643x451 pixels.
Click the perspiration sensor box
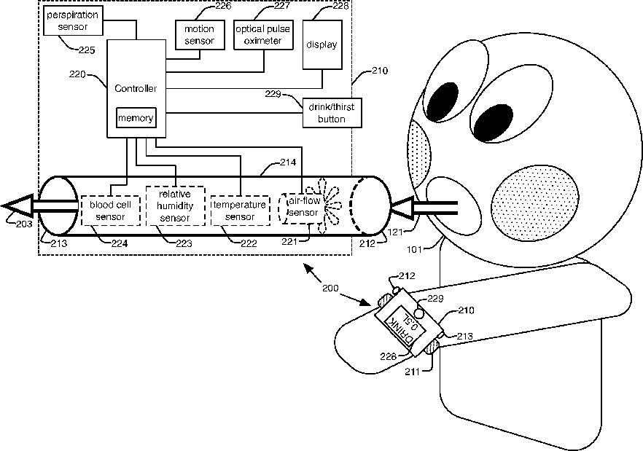tap(71, 20)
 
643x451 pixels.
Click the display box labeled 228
tap(321, 45)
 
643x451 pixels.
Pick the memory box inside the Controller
tap(136, 118)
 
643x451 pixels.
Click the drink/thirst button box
tap(332, 113)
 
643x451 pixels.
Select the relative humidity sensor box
tap(175, 206)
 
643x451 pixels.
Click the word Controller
tap(136, 88)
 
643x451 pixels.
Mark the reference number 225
tap(86, 50)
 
